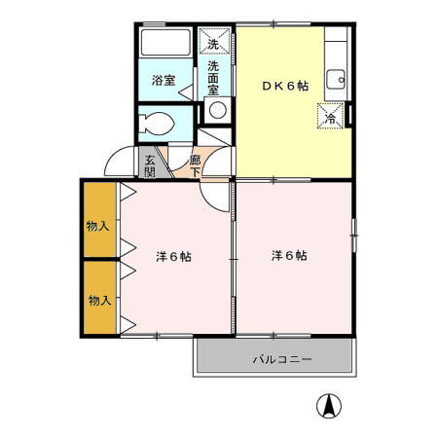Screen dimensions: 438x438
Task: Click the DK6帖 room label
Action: (284, 86)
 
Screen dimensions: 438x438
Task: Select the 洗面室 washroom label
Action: (213, 78)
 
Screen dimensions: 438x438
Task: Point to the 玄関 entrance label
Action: (151, 165)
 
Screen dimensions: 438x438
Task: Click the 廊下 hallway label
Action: (196, 165)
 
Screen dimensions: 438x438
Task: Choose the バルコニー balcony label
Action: (282, 359)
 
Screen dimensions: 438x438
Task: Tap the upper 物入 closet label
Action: (98, 226)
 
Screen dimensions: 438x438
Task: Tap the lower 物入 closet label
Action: (98, 299)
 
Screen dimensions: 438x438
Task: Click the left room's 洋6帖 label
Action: (173, 257)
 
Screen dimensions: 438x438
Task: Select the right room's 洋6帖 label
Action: (289, 257)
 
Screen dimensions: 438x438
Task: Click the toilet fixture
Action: (156, 124)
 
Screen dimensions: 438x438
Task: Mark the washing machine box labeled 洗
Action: (214, 43)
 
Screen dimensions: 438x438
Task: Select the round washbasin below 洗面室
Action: (217, 110)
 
